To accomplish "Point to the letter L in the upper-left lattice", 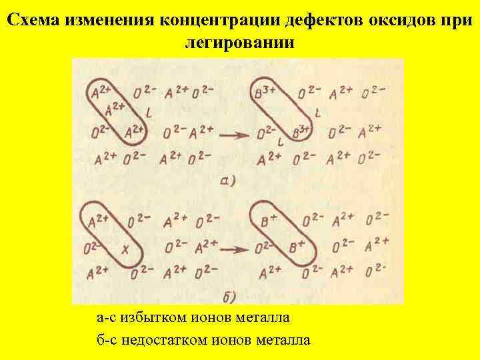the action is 148,114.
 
